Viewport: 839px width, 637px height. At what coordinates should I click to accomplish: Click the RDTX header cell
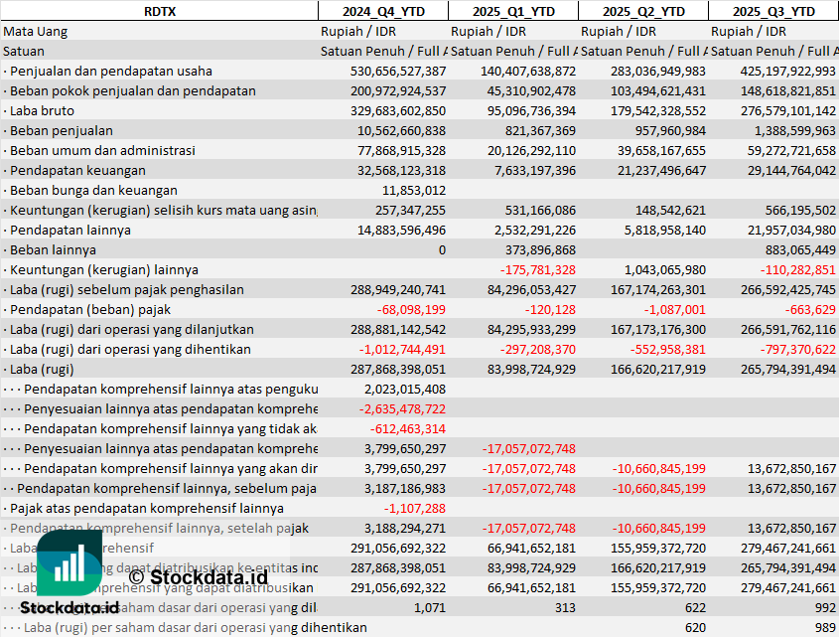pos(158,11)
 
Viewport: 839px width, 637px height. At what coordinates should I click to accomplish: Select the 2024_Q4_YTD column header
pos(382,11)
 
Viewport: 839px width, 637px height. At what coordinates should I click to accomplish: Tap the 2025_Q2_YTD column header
pos(643,11)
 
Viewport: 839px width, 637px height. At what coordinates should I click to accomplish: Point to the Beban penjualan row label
pos(62,130)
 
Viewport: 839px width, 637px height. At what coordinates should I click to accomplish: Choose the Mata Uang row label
pos(36,31)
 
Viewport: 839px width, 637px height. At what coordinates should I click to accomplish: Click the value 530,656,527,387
pos(398,71)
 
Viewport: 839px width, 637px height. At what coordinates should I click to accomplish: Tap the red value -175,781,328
pos(537,269)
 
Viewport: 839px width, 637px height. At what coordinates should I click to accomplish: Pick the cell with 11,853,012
pos(414,190)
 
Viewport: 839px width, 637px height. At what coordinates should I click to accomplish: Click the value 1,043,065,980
pos(664,269)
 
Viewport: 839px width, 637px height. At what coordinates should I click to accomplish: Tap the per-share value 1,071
pos(430,607)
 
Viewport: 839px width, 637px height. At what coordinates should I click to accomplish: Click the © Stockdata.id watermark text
pos(198,575)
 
